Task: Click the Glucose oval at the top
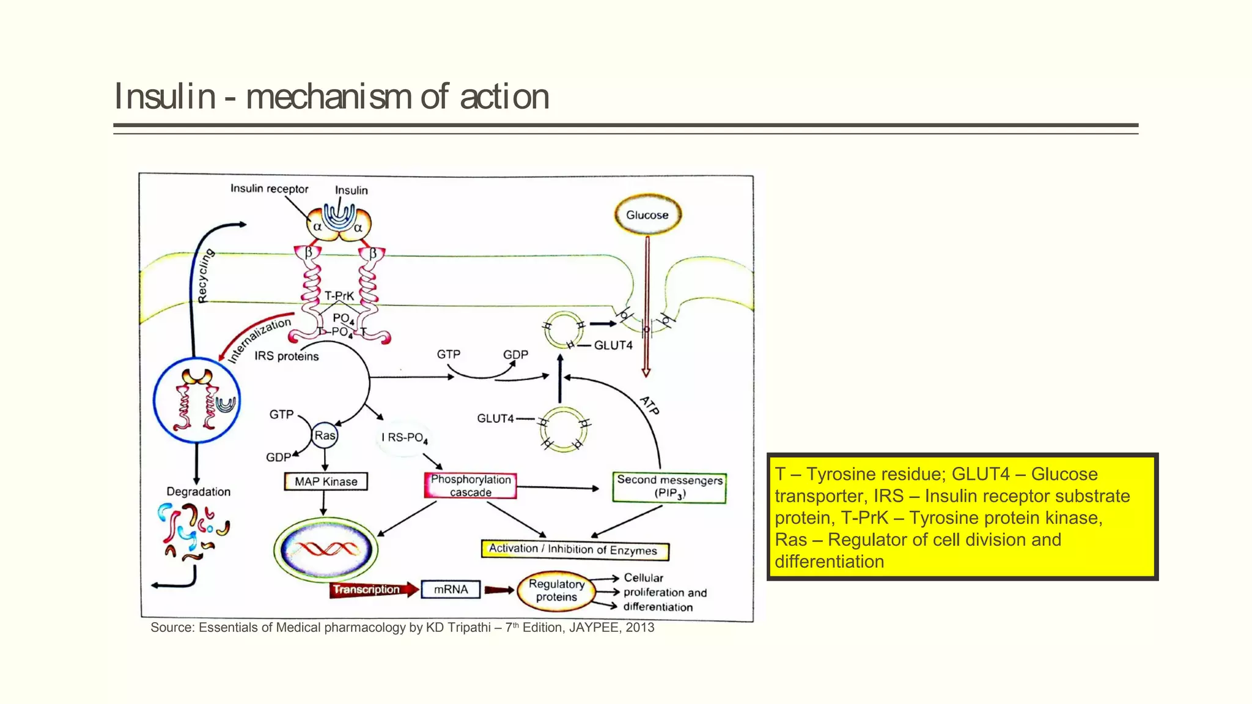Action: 647,215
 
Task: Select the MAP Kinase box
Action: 326,482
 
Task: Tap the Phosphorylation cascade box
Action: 470,486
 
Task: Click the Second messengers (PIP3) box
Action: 669,487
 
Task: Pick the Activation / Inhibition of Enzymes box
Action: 574,549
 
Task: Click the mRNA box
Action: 451,590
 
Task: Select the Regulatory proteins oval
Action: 556,590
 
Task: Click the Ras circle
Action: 325,436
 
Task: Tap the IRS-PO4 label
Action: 404,438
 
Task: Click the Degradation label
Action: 198,492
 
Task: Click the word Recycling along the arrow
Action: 206,276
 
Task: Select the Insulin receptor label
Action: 269,189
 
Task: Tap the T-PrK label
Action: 339,296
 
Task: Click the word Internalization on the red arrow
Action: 259,340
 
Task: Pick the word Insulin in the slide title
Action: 165,97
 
